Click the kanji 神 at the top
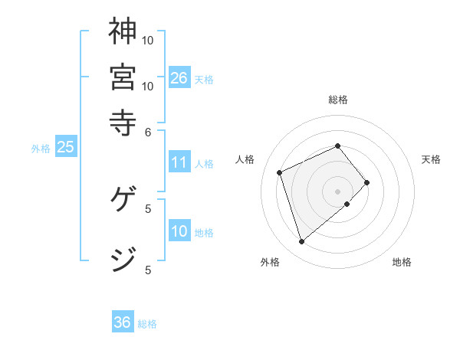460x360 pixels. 122,31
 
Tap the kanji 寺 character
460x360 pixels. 122,121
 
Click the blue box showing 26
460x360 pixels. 179,78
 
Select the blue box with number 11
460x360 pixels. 179,162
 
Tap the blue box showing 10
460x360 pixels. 179,231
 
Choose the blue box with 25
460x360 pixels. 65,148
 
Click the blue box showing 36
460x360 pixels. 123,322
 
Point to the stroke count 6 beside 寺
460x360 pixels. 149,132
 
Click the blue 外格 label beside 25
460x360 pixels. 41,149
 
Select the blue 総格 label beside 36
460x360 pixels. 147,324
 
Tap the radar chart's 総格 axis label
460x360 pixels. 338,100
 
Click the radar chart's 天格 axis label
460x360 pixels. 431,159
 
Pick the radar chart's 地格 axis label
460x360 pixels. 402,263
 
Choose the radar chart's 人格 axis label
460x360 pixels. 245,159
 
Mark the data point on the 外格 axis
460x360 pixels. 301,242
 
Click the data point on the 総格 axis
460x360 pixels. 337,146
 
